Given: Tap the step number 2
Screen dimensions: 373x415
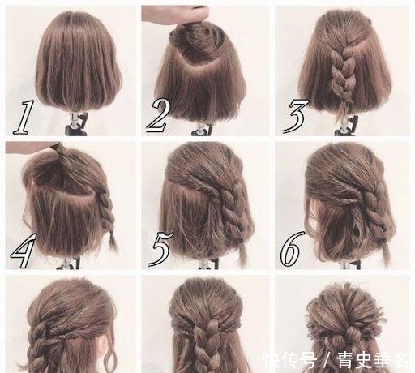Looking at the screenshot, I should [158, 116].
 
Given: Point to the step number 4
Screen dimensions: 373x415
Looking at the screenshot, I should [22, 250].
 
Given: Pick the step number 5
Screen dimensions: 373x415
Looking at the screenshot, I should [158, 249].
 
